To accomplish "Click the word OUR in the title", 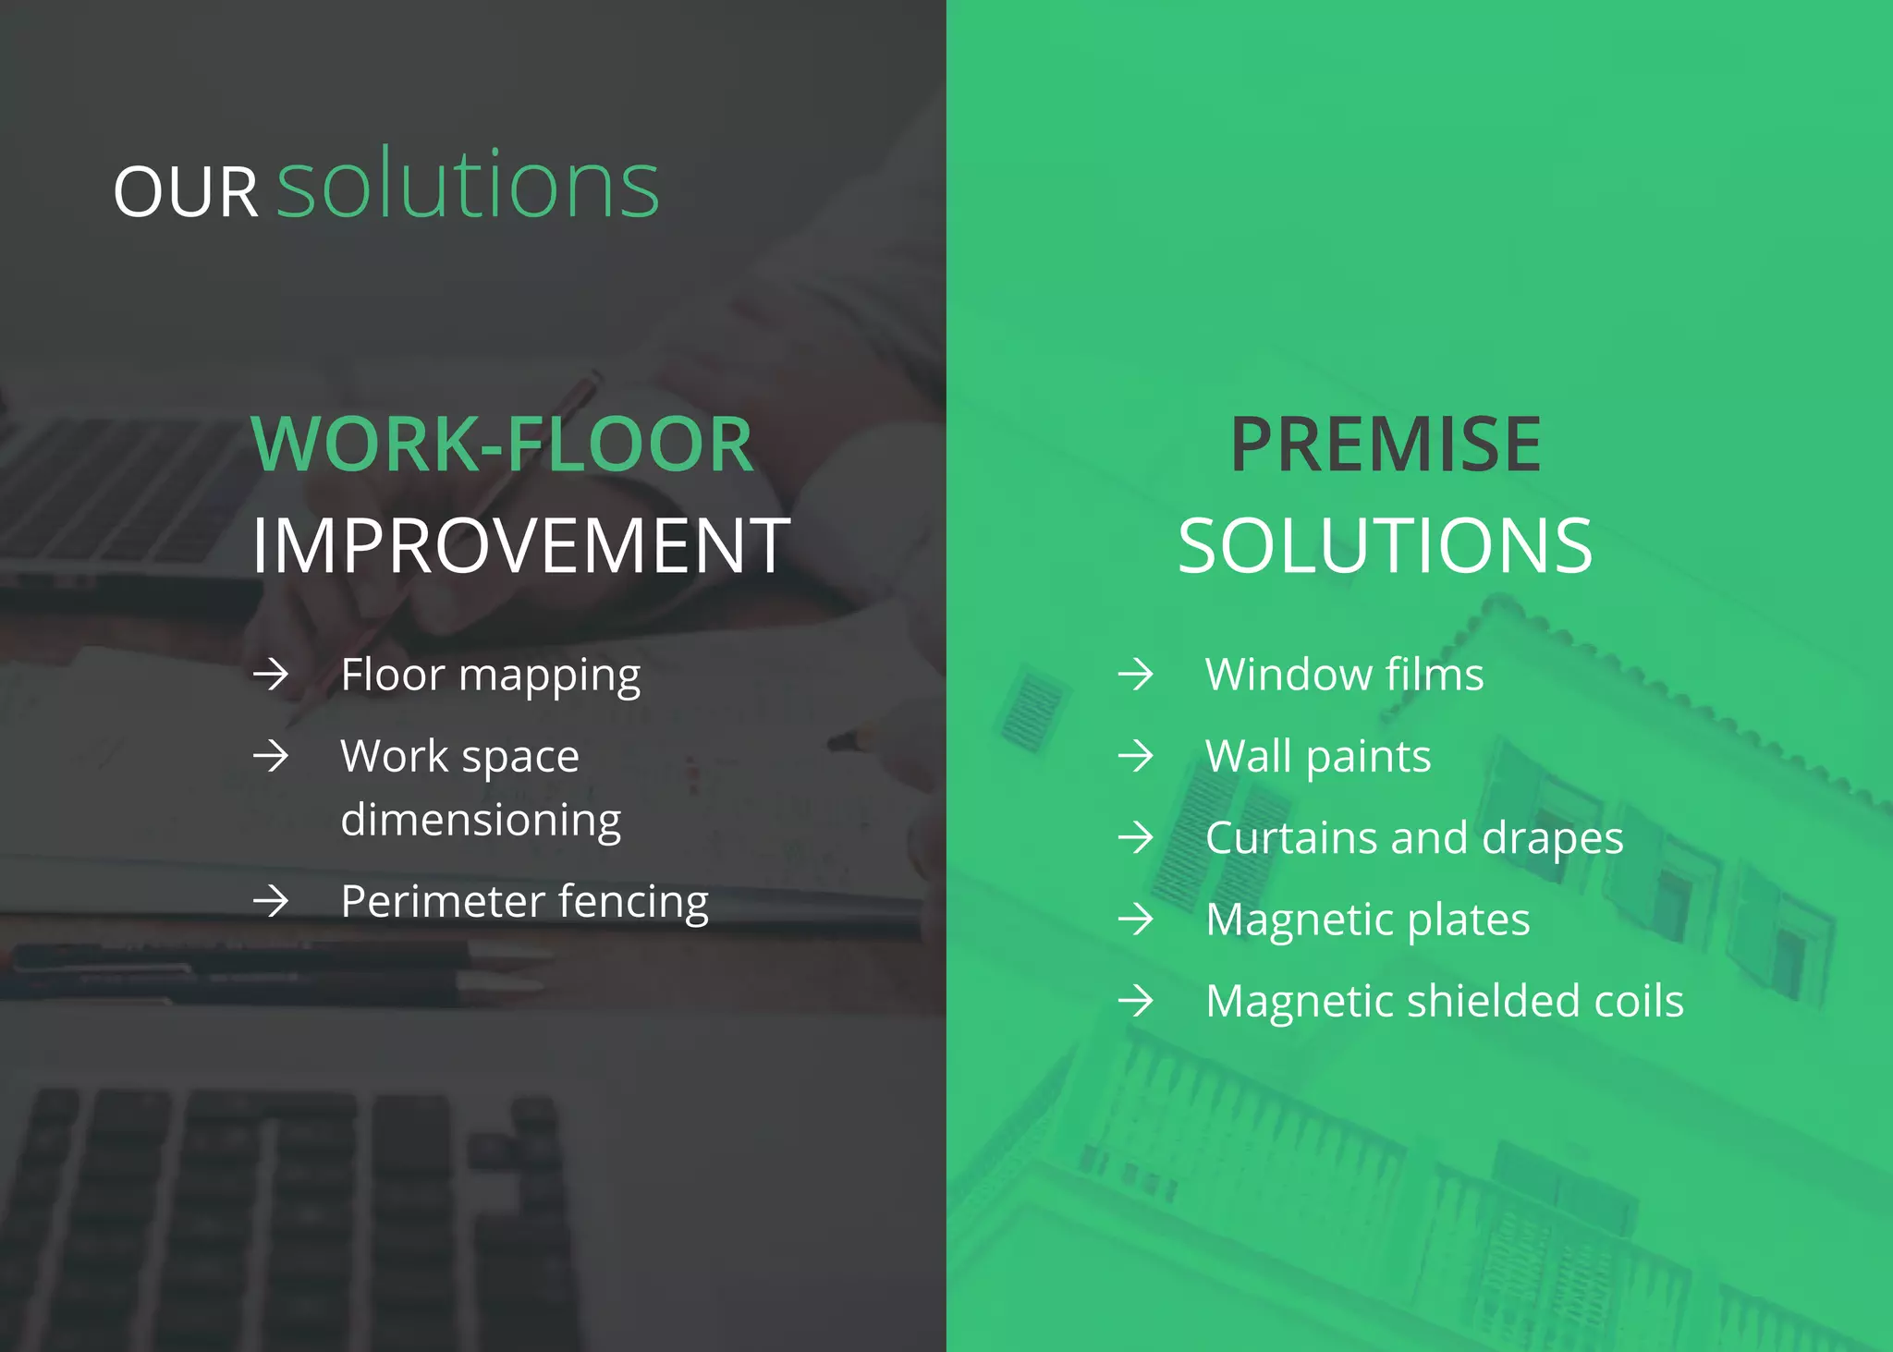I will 185,192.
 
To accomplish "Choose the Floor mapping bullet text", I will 490,675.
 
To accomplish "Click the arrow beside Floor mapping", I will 271,675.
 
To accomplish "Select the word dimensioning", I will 481,820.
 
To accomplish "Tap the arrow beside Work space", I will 271,756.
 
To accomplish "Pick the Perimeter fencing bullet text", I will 524,901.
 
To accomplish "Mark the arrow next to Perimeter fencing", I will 271,901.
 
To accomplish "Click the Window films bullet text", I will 1344,675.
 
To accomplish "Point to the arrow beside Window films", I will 1135,675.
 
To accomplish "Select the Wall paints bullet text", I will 1318,756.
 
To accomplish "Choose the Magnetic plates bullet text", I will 1368,920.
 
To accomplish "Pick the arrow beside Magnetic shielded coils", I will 1135,1001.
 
